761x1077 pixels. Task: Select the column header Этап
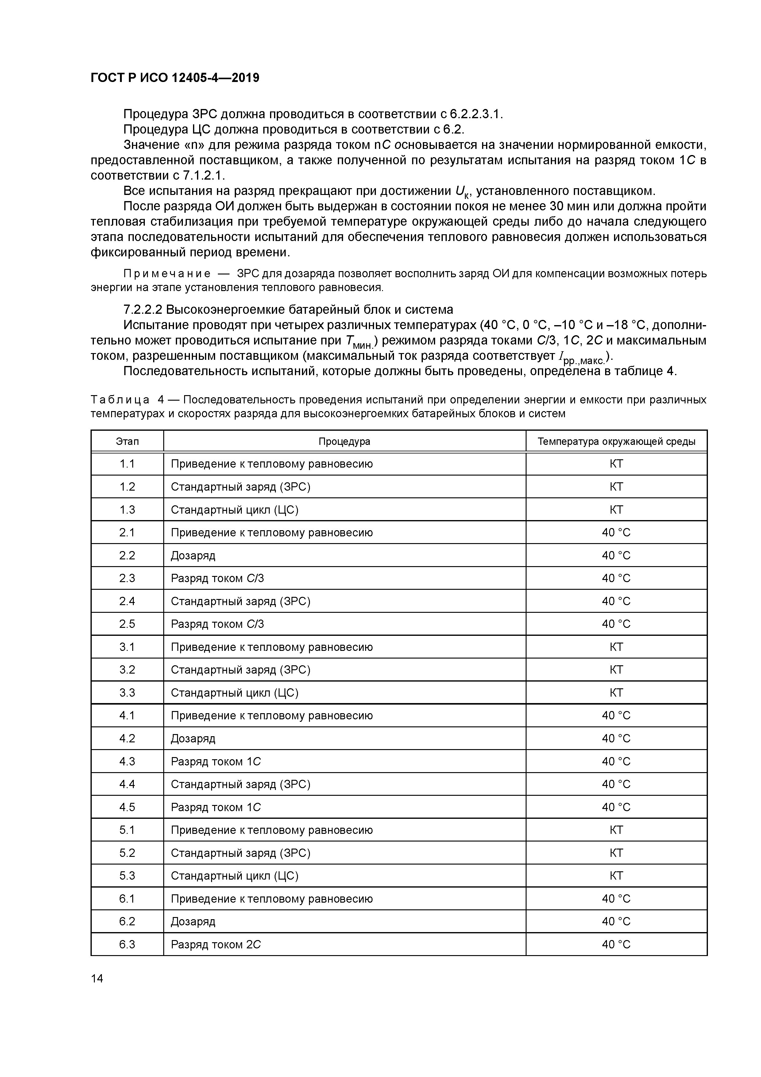[127, 441]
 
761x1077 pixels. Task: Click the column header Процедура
[344, 441]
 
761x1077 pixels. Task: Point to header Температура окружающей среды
[616, 441]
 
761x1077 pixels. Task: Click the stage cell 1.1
[127, 464]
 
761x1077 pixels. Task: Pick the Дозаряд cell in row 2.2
[193, 555]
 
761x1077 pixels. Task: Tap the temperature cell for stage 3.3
[616, 693]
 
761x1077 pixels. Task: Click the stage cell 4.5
[127, 807]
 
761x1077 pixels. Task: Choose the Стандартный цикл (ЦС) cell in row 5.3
[234, 876]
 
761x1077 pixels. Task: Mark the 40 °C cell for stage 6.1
[616, 899]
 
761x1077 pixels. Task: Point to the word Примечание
[166, 274]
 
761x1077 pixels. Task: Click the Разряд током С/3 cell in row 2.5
[218, 624]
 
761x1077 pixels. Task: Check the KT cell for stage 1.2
[616, 487]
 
